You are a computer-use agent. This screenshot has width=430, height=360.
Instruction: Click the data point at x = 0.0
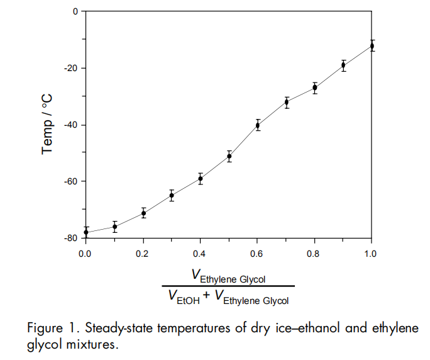(86, 232)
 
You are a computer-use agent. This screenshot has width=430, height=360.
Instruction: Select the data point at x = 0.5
(229, 156)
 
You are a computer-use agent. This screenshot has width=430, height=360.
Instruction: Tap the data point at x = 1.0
(372, 46)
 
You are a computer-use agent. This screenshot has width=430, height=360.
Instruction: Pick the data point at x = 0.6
(258, 125)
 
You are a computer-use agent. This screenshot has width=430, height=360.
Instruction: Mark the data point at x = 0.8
(315, 87)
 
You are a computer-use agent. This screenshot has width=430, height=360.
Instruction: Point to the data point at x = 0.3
(172, 195)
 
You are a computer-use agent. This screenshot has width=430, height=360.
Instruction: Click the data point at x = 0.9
(343, 65)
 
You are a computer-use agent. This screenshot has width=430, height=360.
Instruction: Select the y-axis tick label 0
(75, 11)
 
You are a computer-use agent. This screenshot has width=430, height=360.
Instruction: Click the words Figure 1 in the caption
(52, 329)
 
